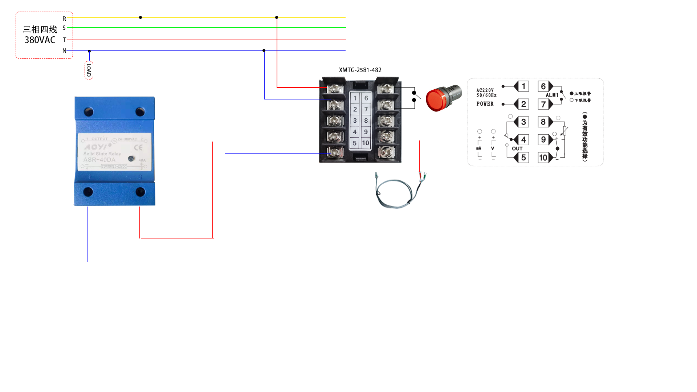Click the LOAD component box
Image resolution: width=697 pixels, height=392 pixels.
tap(89, 70)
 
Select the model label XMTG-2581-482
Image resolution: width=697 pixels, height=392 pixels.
tap(360, 70)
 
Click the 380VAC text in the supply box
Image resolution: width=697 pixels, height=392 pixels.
tap(40, 40)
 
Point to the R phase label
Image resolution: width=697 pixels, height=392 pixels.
tap(64, 19)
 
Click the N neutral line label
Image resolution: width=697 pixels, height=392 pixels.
tap(64, 51)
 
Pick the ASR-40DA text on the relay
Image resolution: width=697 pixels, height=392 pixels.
tap(99, 160)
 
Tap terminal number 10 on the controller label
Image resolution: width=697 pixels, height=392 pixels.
tap(366, 143)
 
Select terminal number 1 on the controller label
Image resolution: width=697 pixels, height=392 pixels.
tap(355, 98)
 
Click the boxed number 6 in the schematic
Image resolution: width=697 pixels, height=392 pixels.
tap(543, 86)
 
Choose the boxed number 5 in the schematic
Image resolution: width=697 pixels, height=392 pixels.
tap(523, 158)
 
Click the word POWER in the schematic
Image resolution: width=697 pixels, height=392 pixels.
tap(485, 104)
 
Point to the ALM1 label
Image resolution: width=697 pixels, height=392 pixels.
tap(552, 95)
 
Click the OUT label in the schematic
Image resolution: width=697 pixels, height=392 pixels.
tap(517, 148)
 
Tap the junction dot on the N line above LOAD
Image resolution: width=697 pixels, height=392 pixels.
tap(89, 51)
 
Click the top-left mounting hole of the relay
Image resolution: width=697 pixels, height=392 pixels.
tap(89, 111)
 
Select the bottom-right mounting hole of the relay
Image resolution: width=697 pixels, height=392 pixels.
tap(140, 192)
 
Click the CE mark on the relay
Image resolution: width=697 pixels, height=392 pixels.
tap(138, 147)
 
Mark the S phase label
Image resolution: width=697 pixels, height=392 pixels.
tap(64, 28)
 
